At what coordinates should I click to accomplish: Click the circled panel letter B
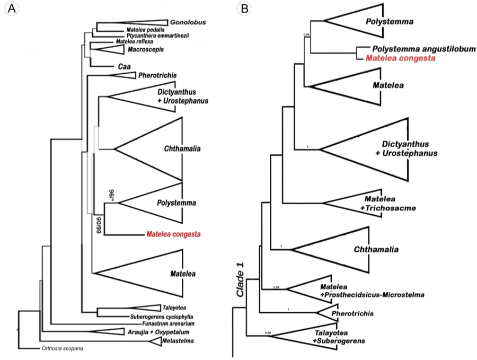(x=243, y=9)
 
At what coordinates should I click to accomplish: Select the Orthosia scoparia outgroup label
(x=62, y=348)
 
